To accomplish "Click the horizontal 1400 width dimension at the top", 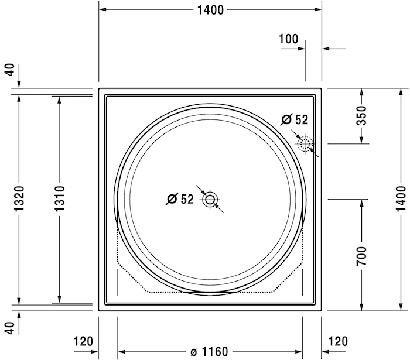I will coord(210,9).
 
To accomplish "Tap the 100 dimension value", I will coord(288,39).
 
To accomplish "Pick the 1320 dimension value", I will coord(19,200).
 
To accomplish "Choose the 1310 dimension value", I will coord(59,200).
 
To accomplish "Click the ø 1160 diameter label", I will coord(209,351).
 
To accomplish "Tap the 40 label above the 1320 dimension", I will coord(9,71).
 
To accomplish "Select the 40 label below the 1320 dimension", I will coord(9,330).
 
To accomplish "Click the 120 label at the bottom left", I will coord(84,341).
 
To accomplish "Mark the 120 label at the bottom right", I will coord(338,341).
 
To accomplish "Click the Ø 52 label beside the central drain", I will coord(179,200).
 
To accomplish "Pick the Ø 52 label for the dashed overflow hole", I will coord(294,120).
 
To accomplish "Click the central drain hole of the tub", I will coord(210,200).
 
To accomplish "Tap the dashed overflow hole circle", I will coord(305,144).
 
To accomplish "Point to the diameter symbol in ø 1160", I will coord(193,352).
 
